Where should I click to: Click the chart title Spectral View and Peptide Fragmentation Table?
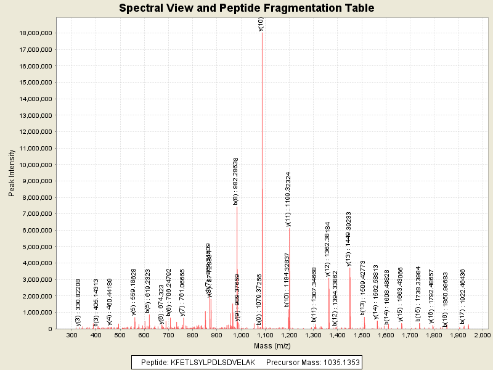(x=246, y=9)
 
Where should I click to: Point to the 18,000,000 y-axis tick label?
(x=36, y=33)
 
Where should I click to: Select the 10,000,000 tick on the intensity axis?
(x=36, y=165)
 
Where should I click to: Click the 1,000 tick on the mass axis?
(x=241, y=335)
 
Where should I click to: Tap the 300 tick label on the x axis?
(x=72, y=335)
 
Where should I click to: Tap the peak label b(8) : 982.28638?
(x=235, y=181)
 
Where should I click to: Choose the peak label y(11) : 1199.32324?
(x=288, y=200)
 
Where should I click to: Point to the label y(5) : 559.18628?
(x=134, y=292)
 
